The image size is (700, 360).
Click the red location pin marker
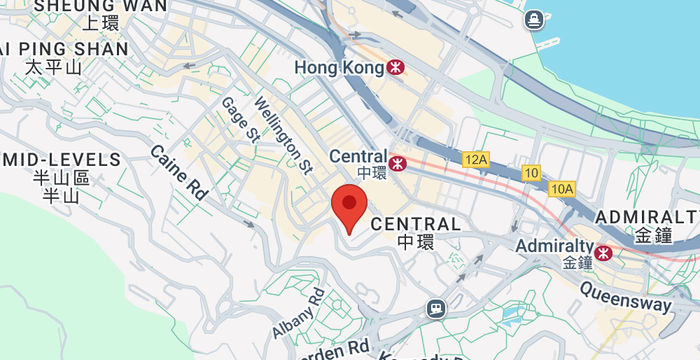click(x=347, y=206)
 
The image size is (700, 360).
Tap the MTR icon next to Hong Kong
click(x=397, y=68)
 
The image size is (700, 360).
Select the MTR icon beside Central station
click(x=398, y=163)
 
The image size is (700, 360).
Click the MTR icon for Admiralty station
click(x=603, y=254)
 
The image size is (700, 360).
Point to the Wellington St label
click(x=283, y=132)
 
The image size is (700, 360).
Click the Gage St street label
click(x=240, y=120)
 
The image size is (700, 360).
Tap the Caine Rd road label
click(x=178, y=171)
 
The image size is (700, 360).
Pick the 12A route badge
click(x=475, y=159)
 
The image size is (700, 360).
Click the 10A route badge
click(x=562, y=188)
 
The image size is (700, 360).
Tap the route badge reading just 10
click(x=531, y=173)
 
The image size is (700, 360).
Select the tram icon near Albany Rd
click(x=435, y=308)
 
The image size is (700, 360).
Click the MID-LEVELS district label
click(x=61, y=159)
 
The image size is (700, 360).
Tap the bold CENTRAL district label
click(x=415, y=224)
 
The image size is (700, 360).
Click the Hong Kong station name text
click(x=339, y=68)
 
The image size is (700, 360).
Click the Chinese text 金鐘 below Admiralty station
click(x=578, y=263)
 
